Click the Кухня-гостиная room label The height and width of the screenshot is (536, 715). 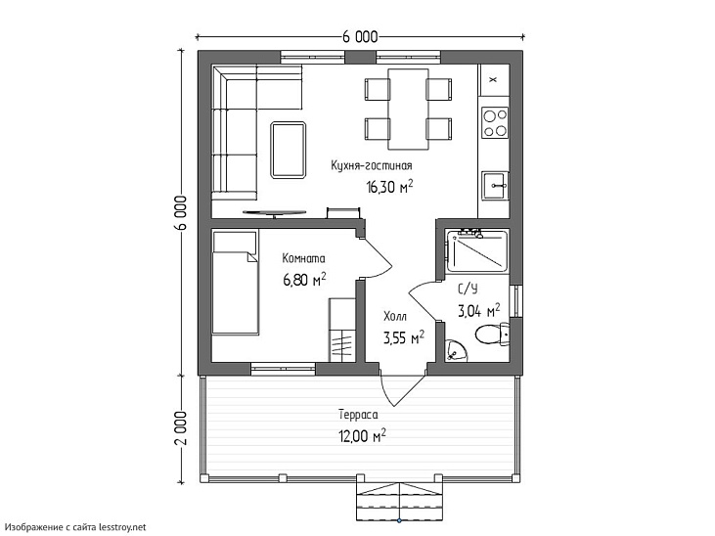click(371, 165)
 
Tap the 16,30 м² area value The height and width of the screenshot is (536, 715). click(390, 187)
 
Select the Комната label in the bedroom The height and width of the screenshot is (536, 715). click(303, 258)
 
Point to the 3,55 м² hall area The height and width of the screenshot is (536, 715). click(404, 338)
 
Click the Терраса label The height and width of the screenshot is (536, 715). click(358, 415)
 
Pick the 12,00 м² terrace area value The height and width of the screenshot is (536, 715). click(362, 436)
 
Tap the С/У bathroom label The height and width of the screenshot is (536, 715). click(468, 289)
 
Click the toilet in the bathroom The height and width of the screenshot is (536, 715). click(492, 335)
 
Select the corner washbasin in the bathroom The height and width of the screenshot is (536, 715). click(455, 351)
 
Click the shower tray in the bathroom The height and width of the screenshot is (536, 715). click(477, 251)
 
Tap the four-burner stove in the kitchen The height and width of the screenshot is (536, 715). click(495, 122)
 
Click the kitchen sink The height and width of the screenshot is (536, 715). click(495, 186)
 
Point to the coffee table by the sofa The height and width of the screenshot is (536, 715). click(289, 150)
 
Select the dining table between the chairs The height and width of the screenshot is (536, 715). click(408, 109)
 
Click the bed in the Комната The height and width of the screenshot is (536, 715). click(236, 283)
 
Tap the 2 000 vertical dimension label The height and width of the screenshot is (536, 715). click(181, 427)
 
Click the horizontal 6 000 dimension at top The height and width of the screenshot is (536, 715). click(360, 36)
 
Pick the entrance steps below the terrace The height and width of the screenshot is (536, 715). click(399, 502)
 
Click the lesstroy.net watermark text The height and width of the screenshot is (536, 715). click(123, 527)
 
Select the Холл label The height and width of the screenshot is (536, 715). click(395, 316)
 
